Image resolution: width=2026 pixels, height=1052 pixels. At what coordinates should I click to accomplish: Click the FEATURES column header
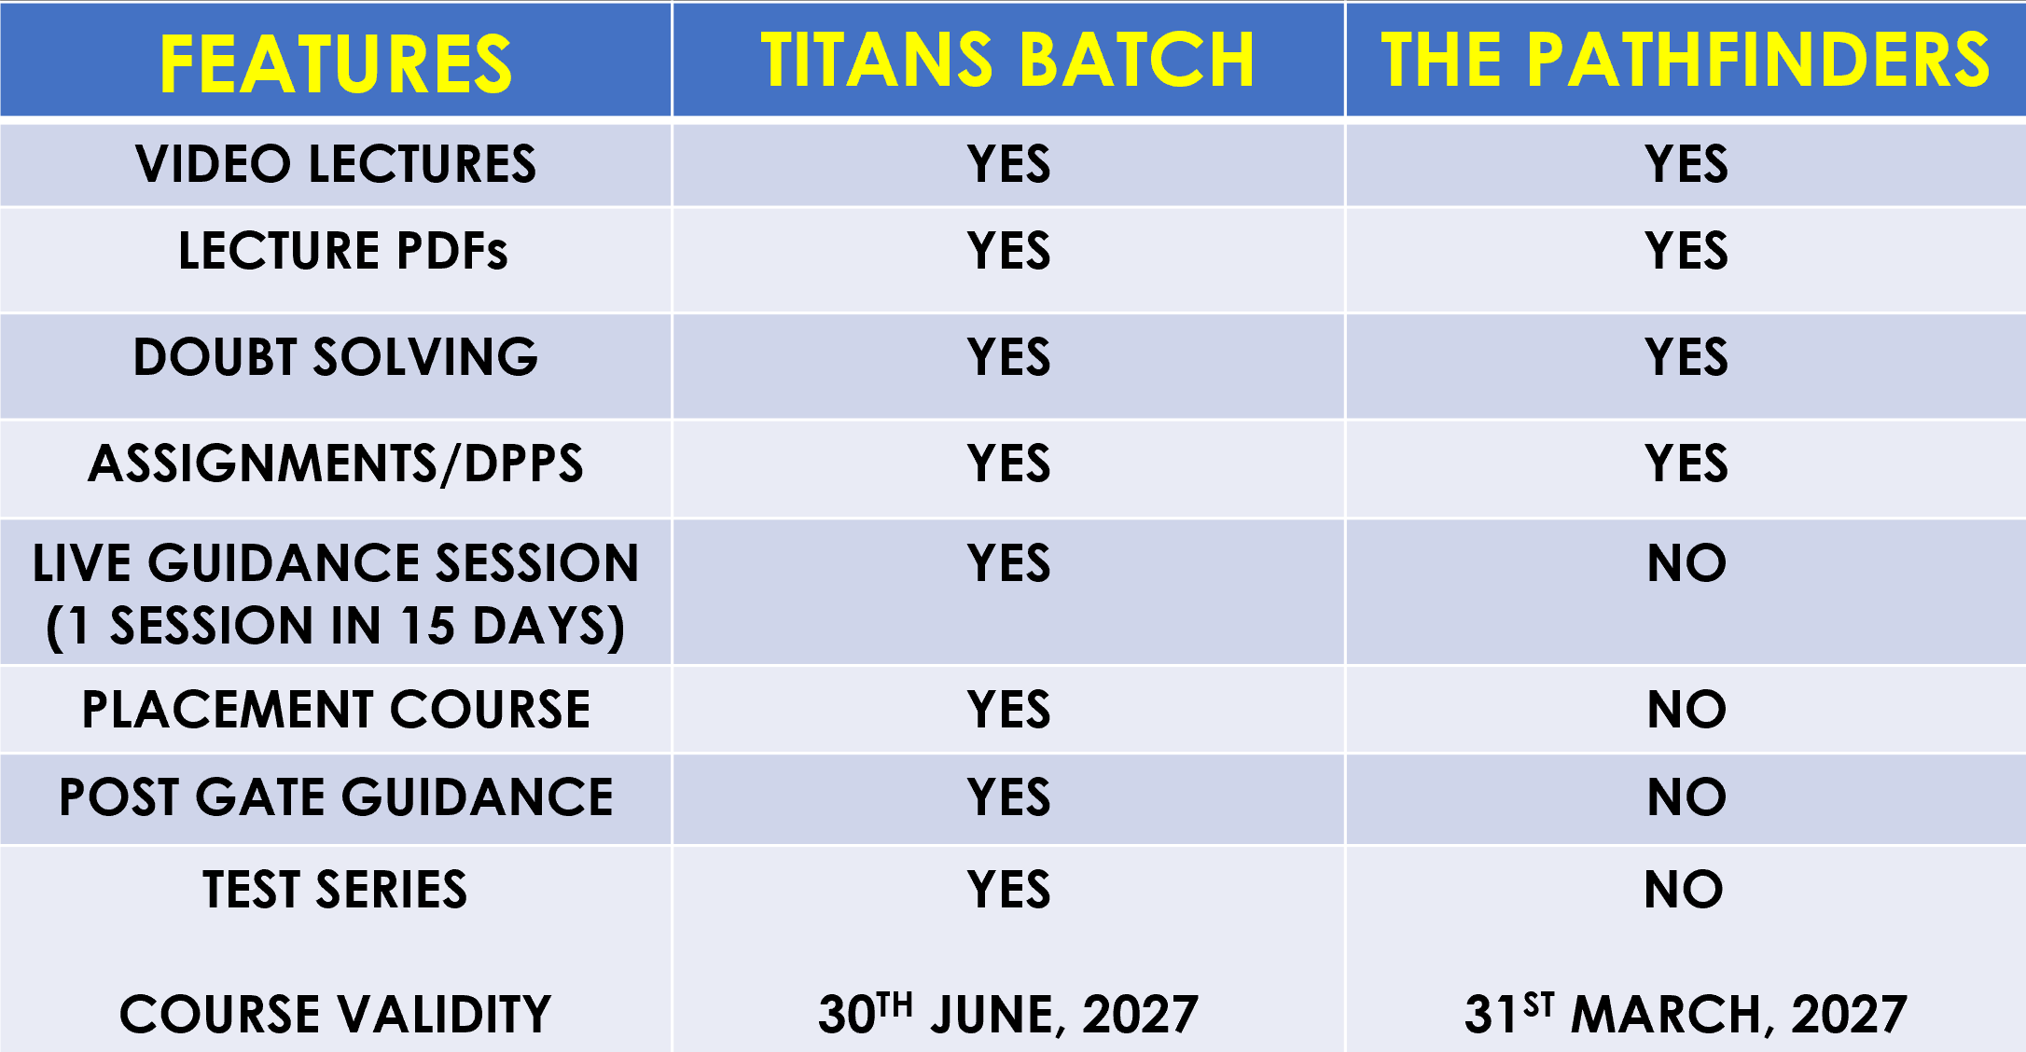pos(336,63)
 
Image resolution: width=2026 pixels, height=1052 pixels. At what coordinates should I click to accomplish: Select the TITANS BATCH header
pos(1007,60)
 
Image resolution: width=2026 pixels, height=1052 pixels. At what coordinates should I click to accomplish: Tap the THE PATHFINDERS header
pos(1686,60)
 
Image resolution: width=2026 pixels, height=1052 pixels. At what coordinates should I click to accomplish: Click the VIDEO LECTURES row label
pos(336,164)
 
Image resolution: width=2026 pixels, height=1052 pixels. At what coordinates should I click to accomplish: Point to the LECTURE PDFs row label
pos(343,251)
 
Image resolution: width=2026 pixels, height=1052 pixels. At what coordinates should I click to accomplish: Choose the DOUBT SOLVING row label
pos(336,357)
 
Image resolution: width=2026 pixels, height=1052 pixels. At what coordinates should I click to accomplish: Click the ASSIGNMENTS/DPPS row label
pos(336,464)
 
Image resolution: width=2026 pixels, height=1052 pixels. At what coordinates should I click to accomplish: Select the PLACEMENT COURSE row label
pos(336,710)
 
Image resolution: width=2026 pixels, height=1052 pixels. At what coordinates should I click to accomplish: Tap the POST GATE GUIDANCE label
pos(336,797)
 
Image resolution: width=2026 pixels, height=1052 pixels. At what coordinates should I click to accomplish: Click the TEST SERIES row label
pos(336,889)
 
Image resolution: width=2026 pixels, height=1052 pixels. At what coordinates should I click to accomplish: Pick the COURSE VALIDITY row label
pos(336,1014)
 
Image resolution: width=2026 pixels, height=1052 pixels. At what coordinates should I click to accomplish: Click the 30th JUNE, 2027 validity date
pos(1008,1012)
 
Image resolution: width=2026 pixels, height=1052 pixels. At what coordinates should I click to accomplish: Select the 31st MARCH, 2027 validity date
pos(1686,1012)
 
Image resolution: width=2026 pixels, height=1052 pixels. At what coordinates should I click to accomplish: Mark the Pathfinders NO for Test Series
pos(1685,889)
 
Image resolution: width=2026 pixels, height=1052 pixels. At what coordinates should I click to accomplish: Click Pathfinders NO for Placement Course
pos(1686,710)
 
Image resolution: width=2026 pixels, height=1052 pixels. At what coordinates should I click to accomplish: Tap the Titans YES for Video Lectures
pos(1008,164)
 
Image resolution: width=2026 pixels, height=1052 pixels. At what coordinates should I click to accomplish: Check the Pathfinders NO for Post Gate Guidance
pos(1686,797)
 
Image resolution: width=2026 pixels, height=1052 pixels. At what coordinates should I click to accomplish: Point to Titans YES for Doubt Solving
pos(1008,357)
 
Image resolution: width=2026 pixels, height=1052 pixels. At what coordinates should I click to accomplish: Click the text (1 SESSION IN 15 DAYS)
pos(336,626)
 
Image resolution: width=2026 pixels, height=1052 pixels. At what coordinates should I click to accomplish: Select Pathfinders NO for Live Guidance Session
pos(1686,563)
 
